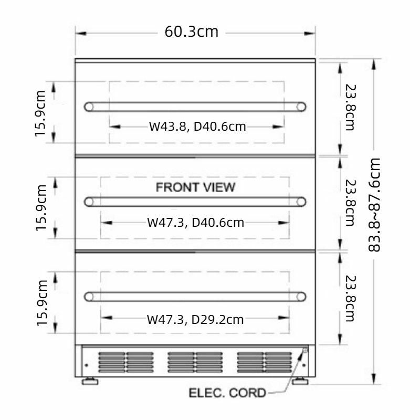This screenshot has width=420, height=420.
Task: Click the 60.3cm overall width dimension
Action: (x=191, y=31)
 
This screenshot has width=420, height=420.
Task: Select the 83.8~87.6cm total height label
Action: (x=373, y=204)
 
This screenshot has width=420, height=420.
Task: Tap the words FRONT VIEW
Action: (x=195, y=187)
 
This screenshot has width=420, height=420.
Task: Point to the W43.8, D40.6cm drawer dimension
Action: (x=197, y=126)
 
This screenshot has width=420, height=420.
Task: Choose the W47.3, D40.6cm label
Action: (x=195, y=223)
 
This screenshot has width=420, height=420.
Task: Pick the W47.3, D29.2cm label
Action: (x=195, y=319)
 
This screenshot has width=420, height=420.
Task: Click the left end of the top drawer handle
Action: (x=89, y=107)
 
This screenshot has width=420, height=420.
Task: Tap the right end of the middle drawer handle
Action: (x=301, y=201)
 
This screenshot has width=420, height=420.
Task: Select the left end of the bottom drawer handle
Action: (x=89, y=297)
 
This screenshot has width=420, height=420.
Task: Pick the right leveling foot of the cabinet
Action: (x=300, y=381)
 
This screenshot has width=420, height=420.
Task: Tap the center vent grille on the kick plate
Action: (x=195, y=362)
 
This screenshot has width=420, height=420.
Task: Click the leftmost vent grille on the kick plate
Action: (x=125, y=362)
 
